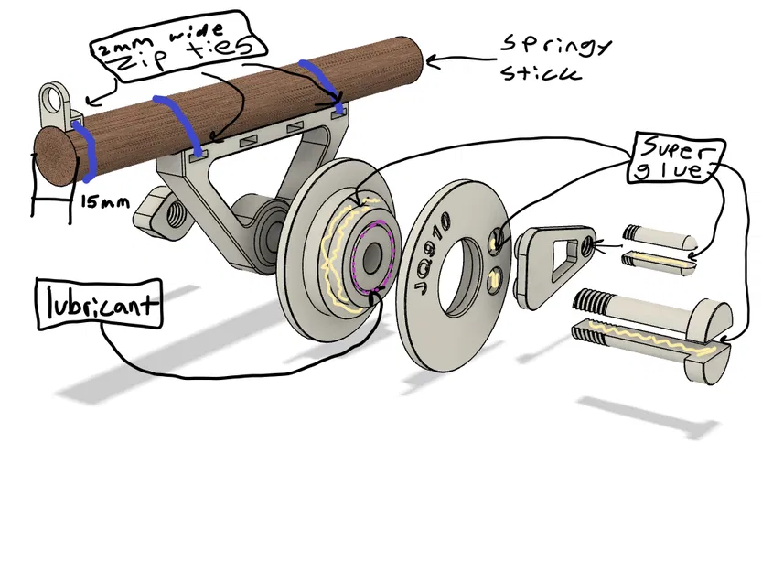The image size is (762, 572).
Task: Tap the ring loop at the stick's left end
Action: point(56,98)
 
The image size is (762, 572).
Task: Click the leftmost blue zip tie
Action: point(89,152)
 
